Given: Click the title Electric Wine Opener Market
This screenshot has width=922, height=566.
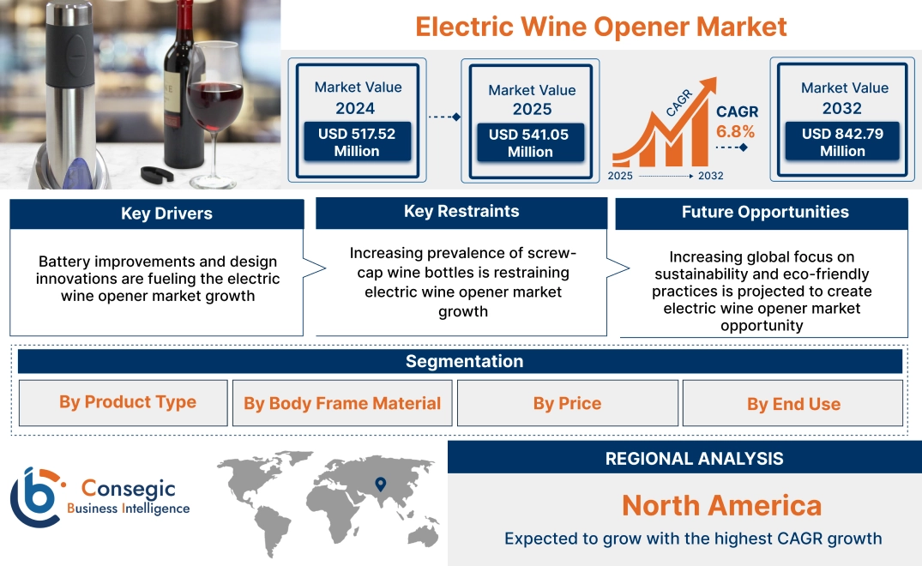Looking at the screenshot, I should (600, 26).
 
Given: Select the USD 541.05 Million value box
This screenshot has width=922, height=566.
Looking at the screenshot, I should (530, 143).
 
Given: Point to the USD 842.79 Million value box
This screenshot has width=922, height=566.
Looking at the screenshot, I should (842, 142).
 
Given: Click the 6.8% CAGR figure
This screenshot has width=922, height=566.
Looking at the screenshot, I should (735, 131).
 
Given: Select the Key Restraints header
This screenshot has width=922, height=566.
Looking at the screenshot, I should (461, 212).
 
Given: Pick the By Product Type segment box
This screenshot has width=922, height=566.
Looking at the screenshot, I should (127, 402).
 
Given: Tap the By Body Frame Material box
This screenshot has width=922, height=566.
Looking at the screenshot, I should (342, 403).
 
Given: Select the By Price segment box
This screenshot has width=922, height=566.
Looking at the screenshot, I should (567, 403).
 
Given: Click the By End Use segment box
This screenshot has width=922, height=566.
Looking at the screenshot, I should (793, 404).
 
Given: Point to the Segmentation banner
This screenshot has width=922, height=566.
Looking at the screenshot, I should (464, 361).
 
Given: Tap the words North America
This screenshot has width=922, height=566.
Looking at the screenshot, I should (721, 505).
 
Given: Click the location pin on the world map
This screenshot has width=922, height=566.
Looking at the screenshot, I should (381, 485).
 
